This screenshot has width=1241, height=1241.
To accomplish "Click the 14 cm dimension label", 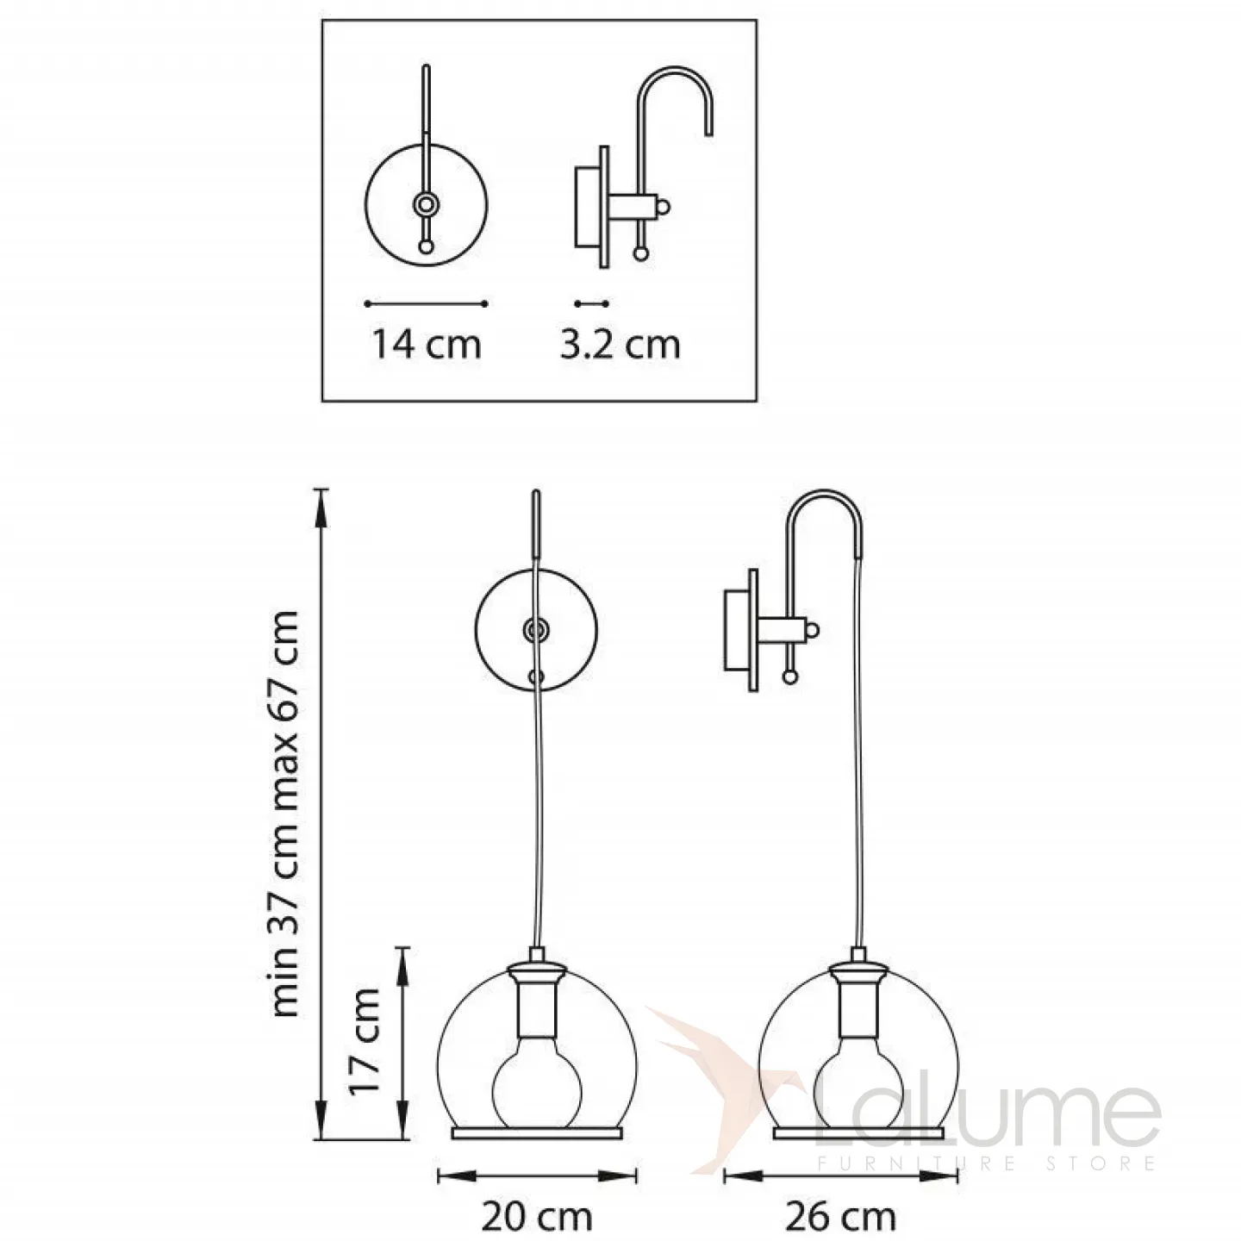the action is pyautogui.click(x=427, y=345).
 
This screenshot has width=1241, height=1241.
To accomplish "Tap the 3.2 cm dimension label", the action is pyautogui.click(x=620, y=345).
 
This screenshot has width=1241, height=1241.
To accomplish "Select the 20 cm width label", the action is pyautogui.click(x=537, y=1199).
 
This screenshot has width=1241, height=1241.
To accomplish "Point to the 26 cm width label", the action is pyautogui.click(x=840, y=1199).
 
